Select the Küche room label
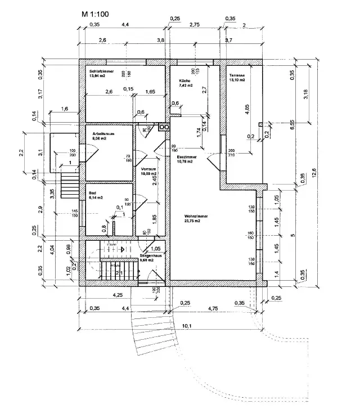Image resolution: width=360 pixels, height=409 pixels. point(177,81)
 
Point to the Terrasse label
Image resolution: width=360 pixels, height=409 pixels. point(237,74)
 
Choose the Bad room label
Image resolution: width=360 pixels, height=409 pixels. point(92,192)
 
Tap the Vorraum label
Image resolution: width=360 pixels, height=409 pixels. point(148,169)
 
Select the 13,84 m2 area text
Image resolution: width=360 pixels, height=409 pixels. point(98,77)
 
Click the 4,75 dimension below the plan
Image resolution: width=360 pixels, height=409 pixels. point(213,308)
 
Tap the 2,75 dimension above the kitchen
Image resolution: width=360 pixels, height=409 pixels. point(195,25)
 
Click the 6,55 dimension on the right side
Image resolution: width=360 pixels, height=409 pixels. point(292,125)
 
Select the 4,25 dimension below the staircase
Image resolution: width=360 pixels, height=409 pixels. point(102,294)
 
